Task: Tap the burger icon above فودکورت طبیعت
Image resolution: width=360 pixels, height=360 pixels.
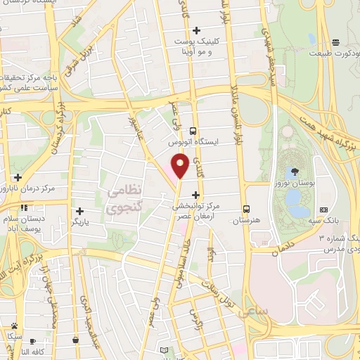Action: (337, 42)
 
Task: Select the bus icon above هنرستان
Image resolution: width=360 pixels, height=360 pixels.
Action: (246, 209)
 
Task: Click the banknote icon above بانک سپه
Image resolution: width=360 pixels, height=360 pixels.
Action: (323, 210)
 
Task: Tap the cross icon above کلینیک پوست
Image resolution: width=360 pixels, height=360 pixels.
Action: (196, 30)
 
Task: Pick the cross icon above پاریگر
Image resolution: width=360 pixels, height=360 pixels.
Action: (80, 211)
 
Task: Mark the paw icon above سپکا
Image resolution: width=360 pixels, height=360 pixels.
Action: (14, 326)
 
